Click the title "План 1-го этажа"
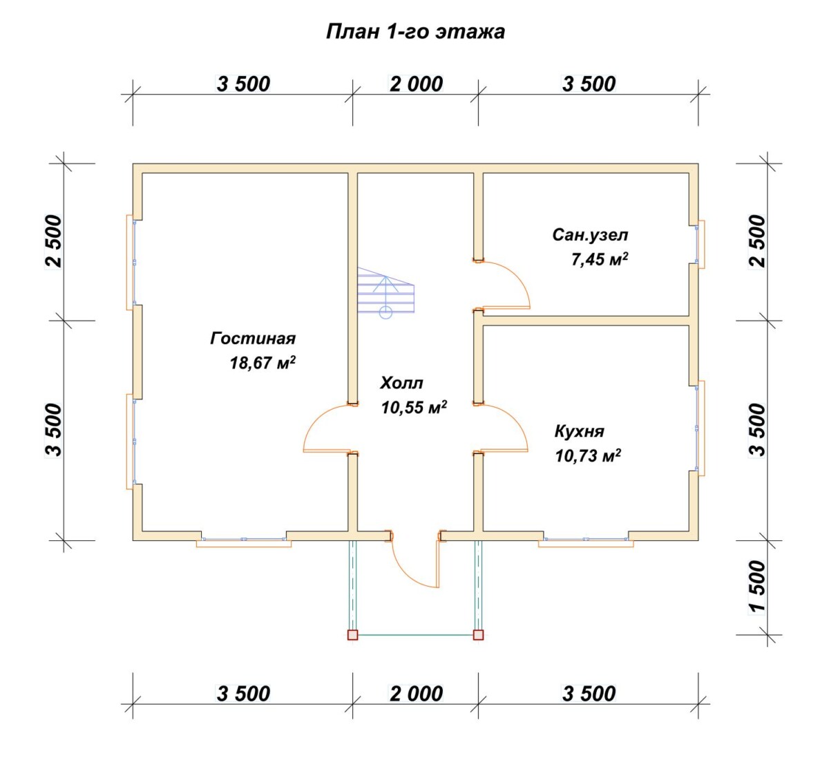415,32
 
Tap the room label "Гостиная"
253,338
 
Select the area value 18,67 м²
263,362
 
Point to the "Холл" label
401,383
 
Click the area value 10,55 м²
414,407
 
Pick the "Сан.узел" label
590,236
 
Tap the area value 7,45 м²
600,259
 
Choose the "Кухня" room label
580,431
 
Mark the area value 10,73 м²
588,455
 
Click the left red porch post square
353,635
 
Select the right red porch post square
478,635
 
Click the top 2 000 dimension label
416,84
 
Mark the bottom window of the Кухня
586,541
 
